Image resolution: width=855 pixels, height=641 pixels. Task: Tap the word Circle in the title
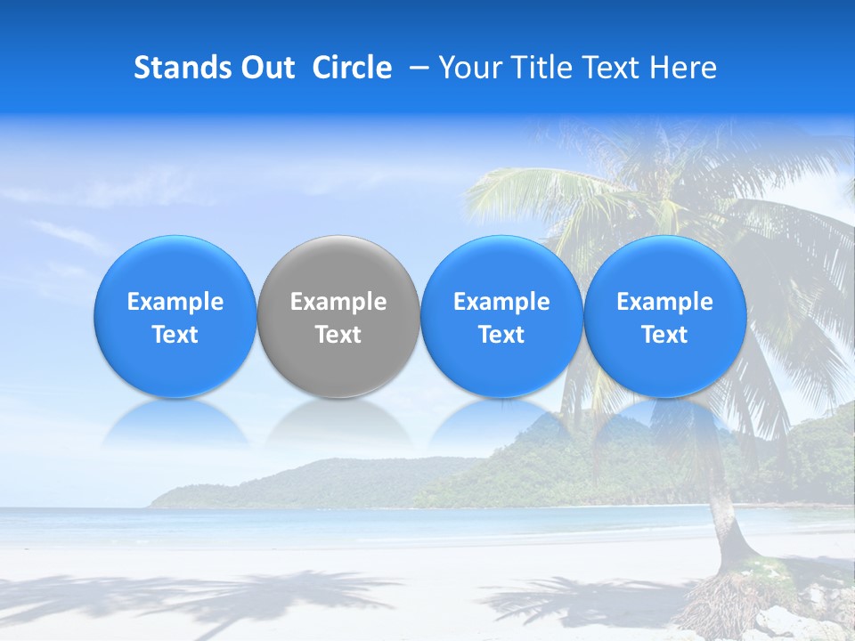tap(352, 68)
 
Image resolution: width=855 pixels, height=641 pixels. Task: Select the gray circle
tap(338, 316)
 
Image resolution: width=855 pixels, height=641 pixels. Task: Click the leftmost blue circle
tap(175, 316)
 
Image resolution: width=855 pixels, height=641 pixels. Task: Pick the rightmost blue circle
tap(665, 316)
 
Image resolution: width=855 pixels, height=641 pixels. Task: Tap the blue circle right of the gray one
tap(501, 316)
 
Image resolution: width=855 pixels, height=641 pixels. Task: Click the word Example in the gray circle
tap(338, 302)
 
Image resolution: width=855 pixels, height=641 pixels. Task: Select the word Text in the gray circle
tap(338, 335)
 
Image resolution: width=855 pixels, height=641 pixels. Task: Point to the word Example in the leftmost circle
tap(175, 302)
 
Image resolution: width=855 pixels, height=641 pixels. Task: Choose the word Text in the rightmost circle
tap(665, 335)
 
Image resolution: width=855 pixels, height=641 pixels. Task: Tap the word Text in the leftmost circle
tap(175, 335)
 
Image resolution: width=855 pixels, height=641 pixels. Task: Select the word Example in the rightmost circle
tap(665, 302)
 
